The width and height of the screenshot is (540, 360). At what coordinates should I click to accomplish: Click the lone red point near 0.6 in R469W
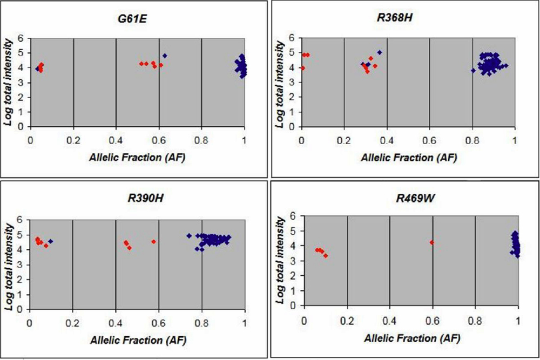[431, 242]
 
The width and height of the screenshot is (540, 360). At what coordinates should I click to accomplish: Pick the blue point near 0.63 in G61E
[165, 56]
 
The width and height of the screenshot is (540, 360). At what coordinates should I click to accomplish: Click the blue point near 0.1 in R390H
[51, 241]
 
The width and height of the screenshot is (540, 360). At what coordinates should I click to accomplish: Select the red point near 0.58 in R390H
[154, 241]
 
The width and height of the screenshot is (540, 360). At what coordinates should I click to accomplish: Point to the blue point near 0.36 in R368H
[380, 52]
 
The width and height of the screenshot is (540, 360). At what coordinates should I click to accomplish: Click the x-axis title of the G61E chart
[137, 158]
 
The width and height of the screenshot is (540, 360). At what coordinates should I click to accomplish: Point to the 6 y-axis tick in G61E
[22, 38]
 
